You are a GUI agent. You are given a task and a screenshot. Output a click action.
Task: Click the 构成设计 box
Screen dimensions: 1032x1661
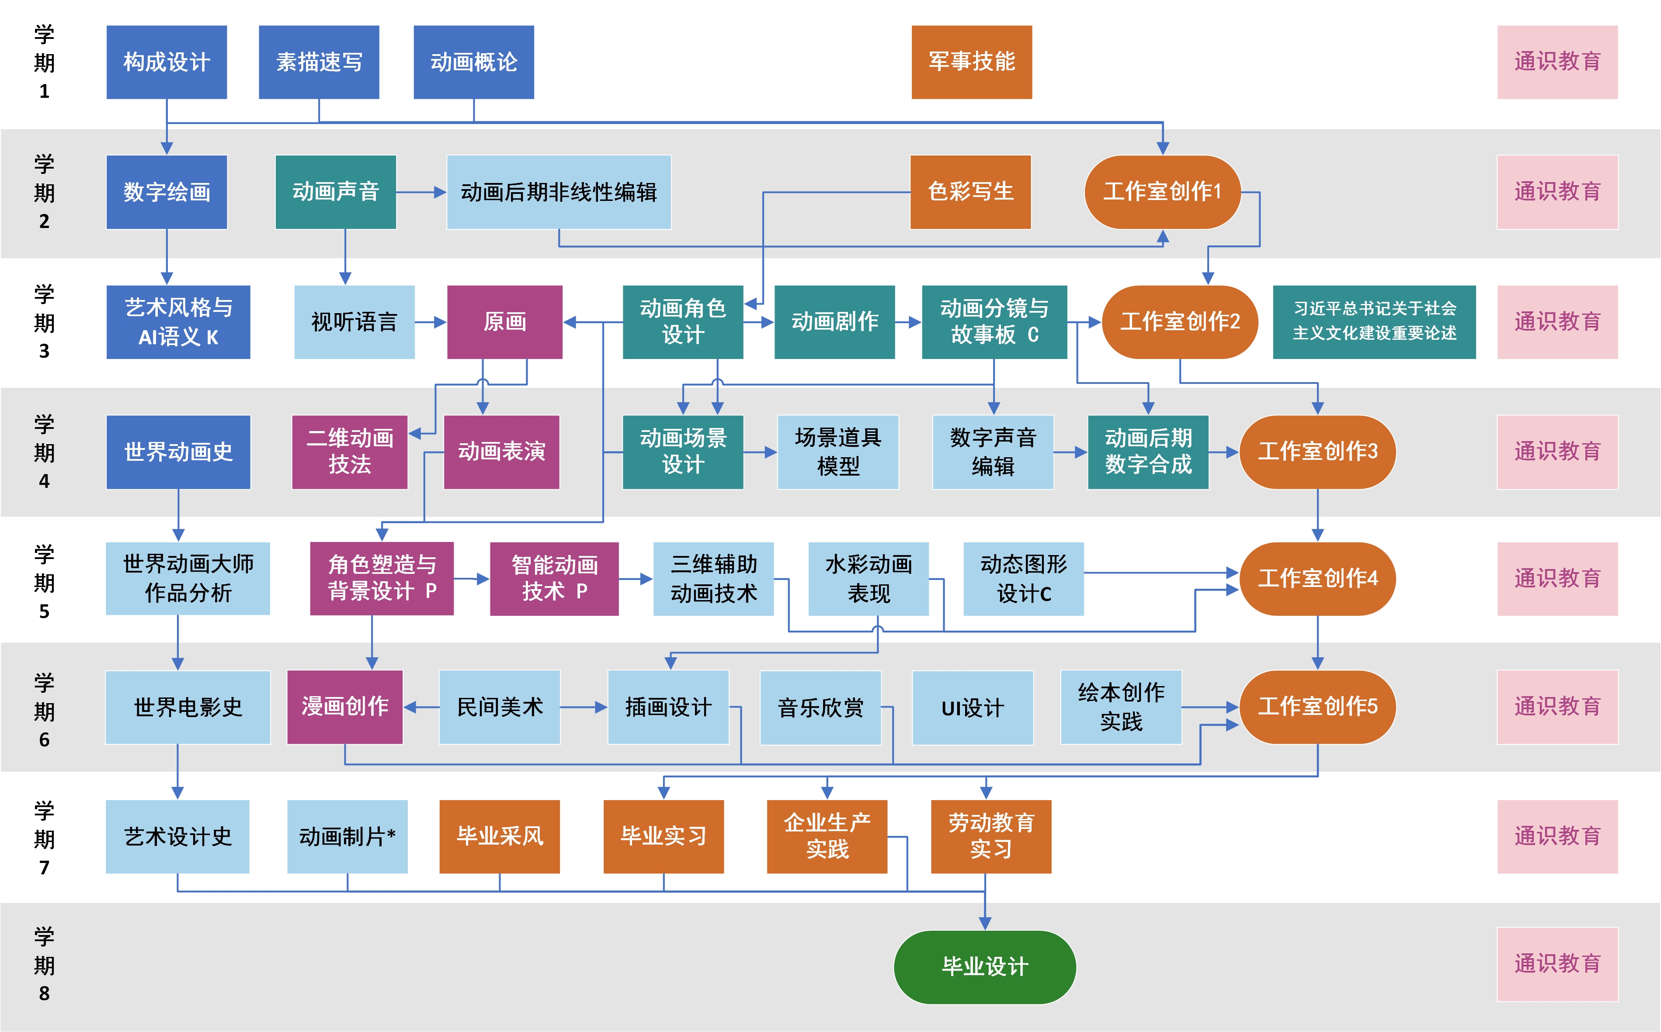(167, 62)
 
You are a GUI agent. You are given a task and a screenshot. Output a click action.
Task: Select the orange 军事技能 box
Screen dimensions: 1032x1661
(971, 62)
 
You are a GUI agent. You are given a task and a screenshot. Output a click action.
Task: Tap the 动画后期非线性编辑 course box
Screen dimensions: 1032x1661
(559, 192)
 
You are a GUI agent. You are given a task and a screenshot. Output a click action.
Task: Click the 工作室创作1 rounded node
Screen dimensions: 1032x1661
(1162, 192)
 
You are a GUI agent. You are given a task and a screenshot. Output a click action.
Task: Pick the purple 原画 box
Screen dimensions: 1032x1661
(505, 321)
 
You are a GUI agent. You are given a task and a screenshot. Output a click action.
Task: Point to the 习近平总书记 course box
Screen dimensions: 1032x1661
(1374, 321)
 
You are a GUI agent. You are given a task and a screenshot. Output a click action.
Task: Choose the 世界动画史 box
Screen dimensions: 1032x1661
(178, 452)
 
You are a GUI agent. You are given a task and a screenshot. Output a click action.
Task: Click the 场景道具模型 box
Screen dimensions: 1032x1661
(838, 452)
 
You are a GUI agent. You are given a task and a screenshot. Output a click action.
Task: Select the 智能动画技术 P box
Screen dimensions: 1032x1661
(554, 578)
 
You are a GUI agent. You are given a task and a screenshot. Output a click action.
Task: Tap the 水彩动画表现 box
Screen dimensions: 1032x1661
(869, 578)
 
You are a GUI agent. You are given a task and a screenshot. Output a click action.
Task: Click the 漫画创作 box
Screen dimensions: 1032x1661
(345, 707)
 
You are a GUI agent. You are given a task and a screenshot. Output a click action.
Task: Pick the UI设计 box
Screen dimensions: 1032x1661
(973, 708)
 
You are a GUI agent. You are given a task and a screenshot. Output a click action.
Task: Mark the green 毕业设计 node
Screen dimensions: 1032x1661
(985, 966)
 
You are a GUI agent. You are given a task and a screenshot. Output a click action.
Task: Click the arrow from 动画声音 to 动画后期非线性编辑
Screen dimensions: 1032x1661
(420, 193)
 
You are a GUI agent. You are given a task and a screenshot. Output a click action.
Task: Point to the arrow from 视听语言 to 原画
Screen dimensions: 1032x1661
(430, 321)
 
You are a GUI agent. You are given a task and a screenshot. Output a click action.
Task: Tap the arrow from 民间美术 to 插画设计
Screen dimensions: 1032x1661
(584, 707)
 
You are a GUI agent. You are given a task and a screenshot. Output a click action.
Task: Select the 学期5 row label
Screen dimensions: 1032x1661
(45, 582)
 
